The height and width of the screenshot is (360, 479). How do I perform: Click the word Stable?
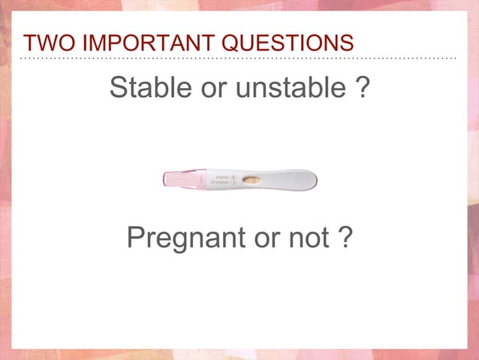pyautogui.click(x=149, y=89)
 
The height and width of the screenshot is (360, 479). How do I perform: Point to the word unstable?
pyautogui.click(x=283, y=89)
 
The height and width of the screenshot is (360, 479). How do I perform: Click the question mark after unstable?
pyautogui.click(x=362, y=89)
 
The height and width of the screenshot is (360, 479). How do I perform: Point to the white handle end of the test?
pyautogui.click(x=297, y=180)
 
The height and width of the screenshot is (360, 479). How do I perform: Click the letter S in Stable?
pyautogui.click(x=118, y=89)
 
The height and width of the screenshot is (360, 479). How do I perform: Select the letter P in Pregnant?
pyautogui.click(x=136, y=238)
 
